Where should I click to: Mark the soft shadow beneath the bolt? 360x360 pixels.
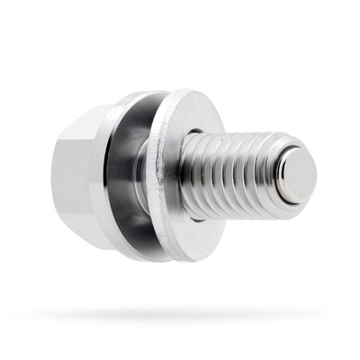click(180, 315)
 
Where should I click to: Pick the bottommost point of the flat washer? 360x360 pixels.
click(184, 262)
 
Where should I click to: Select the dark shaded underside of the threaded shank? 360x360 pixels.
click(238, 209)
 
